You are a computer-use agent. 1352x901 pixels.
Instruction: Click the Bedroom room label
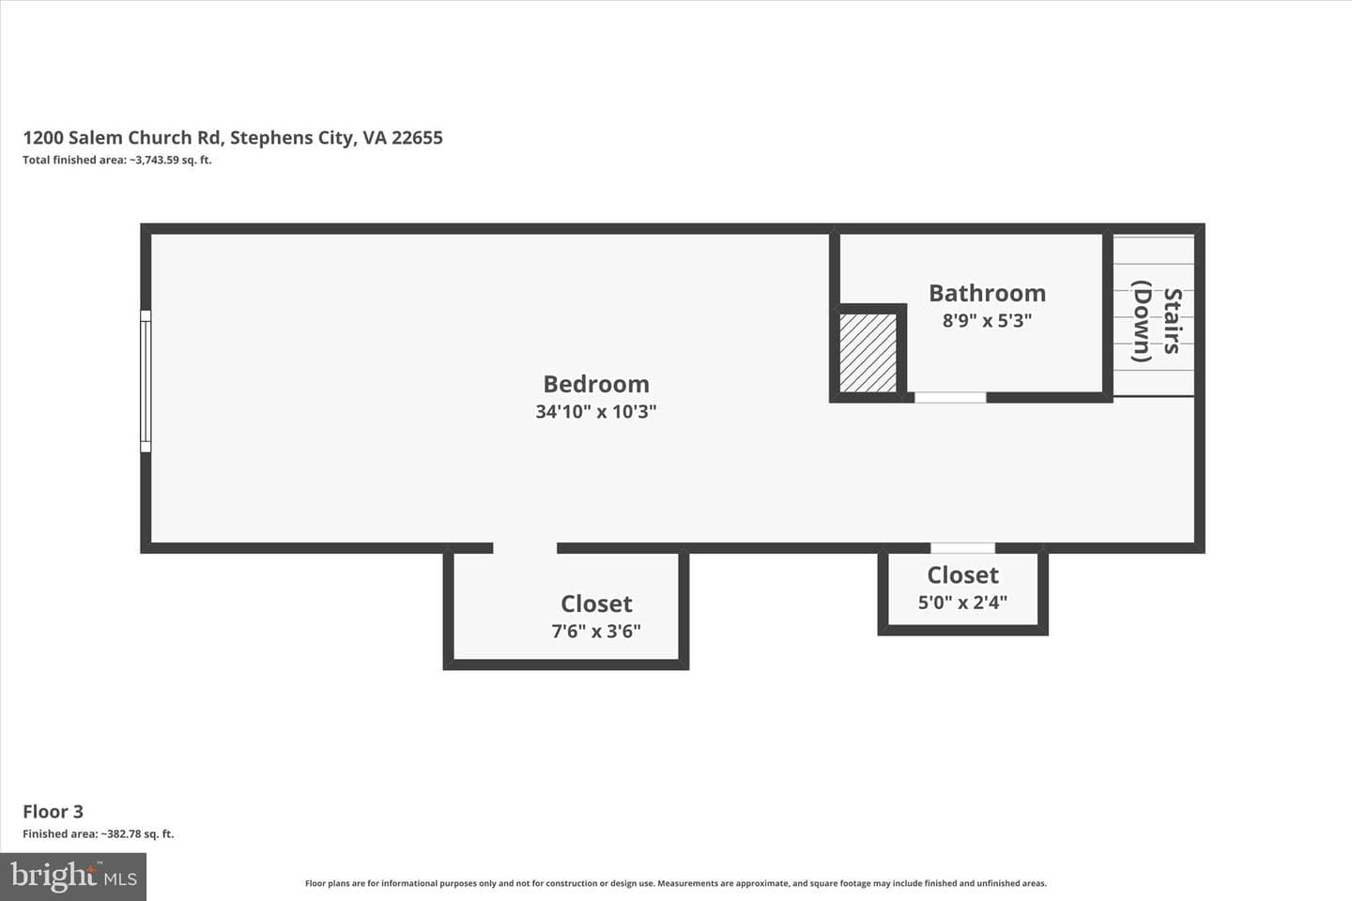(x=596, y=385)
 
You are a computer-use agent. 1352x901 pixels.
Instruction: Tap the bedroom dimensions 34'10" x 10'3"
(x=596, y=412)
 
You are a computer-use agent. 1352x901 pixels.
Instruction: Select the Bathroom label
(x=988, y=293)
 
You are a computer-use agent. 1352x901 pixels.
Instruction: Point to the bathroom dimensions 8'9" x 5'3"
(x=988, y=320)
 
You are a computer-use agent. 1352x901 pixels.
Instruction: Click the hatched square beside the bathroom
(x=868, y=353)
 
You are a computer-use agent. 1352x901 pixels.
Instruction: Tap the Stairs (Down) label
(x=1157, y=321)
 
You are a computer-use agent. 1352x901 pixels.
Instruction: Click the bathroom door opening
(x=950, y=397)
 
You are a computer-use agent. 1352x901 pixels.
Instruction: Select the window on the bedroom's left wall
(x=146, y=381)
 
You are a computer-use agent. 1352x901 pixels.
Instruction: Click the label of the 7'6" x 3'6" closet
(x=596, y=604)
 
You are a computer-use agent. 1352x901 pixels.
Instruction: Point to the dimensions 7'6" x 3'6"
(x=596, y=632)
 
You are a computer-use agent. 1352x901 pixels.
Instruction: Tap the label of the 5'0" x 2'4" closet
(x=962, y=575)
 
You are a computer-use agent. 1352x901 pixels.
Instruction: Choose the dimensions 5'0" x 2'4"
(x=962, y=603)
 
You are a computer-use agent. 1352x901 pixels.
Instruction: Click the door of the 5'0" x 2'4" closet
(x=962, y=548)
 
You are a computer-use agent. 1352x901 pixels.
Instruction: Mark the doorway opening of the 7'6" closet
(x=525, y=548)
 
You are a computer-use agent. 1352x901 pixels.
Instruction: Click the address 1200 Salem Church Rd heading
(x=233, y=138)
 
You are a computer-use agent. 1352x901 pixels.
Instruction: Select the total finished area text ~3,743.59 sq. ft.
(x=117, y=160)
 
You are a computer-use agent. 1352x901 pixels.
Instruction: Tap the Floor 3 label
(x=54, y=812)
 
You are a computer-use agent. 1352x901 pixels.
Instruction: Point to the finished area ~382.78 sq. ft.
(x=99, y=834)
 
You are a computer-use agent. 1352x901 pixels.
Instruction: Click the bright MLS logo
(x=73, y=877)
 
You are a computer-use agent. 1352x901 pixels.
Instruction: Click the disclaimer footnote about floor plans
(x=676, y=883)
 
